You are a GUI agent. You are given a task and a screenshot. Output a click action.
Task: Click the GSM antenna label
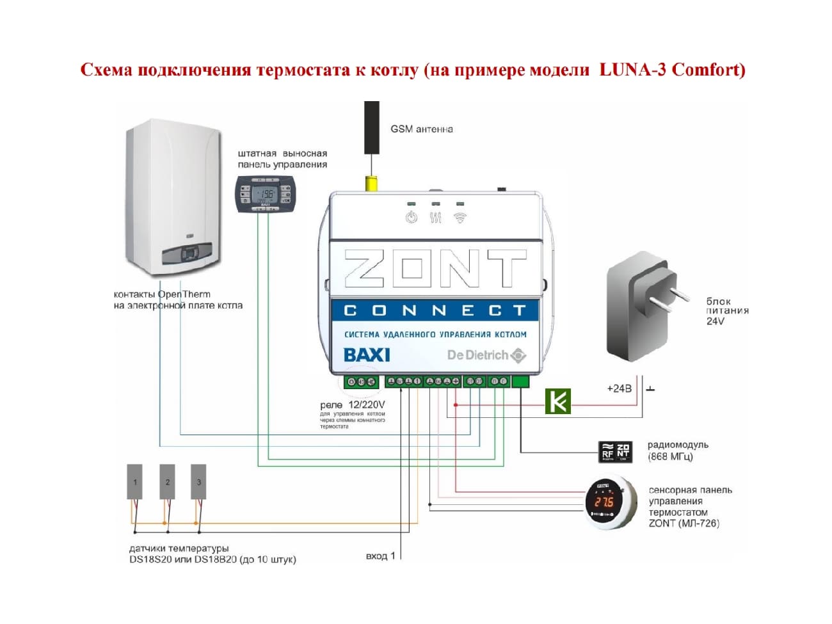coord(421,129)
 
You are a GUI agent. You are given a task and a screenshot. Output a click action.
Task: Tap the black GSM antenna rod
coord(371,127)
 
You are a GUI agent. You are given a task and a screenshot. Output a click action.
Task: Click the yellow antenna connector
coord(371,184)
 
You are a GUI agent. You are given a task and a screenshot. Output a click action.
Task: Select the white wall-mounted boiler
coord(174,198)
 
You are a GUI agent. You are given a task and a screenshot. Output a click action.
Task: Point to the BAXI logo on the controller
coord(367,355)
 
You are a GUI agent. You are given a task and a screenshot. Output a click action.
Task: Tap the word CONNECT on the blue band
coord(435,310)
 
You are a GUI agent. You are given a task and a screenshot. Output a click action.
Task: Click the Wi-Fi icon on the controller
coord(460,218)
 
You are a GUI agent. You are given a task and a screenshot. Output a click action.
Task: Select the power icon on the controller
coord(411,218)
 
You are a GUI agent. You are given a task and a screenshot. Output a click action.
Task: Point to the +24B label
coord(618,388)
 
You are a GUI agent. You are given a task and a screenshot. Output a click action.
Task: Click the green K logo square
coord(557,401)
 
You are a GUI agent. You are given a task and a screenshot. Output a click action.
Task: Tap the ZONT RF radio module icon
coord(615,452)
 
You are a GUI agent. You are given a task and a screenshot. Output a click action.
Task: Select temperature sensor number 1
coord(134,482)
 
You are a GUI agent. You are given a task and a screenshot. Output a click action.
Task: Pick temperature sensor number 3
coord(198,482)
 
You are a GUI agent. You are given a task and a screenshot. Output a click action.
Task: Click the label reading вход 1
coord(380,556)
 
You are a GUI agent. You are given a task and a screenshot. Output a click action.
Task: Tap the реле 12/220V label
coord(352,405)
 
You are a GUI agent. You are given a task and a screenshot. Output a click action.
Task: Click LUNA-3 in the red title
coord(633,69)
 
